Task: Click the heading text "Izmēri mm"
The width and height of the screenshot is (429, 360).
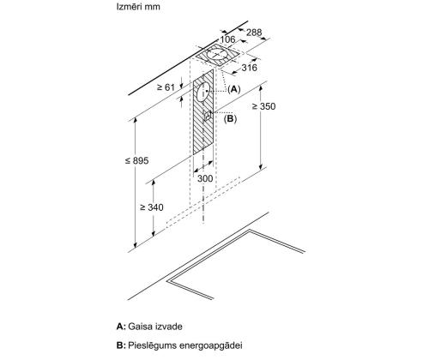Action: (x=138, y=7)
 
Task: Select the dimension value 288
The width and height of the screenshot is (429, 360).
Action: (x=254, y=33)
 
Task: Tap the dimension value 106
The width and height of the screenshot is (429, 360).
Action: (x=227, y=39)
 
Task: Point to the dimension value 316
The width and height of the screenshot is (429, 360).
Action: (x=250, y=68)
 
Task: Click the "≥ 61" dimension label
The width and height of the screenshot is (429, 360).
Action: (x=166, y=87)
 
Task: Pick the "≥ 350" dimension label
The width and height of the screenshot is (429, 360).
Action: (x=263, y=106)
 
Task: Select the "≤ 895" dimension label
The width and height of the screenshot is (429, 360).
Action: (x=137, y=160)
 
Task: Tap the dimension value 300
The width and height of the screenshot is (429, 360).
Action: (x=205, y=178)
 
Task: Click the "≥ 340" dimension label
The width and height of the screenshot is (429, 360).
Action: (x=152, y=207)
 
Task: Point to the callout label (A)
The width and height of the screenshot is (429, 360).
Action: (x=234, y=89)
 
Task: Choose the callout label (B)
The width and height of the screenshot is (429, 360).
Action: (x=230, y=118)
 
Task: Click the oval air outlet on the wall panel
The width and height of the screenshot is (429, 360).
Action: (x=203, y=92)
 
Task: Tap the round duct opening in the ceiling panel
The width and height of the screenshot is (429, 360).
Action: (x=217, y=54)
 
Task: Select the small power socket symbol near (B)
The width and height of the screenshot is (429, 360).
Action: (x=208, y=116)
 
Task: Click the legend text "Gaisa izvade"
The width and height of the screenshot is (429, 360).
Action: (x=155, y=327)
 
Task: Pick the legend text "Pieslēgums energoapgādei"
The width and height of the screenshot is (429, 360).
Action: (x=185, y=345)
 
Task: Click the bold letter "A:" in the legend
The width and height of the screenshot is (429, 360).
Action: (x=121, y=327)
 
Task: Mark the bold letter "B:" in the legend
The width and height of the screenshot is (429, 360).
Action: (x=121, y=345)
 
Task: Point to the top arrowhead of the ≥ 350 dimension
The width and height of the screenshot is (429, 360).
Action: (x=260, y=88)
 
